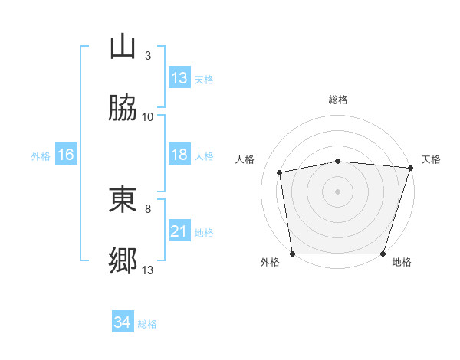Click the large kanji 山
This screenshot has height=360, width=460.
click(123, 46)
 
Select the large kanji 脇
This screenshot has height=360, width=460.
click(123, 107)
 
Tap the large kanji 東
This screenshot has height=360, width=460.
click(123, 199)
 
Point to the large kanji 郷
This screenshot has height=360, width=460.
click(123, 260)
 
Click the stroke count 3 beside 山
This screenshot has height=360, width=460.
click(148, 56)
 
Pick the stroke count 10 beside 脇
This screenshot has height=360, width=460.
click(147, 117)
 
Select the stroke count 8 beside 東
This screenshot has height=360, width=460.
click(148, 209)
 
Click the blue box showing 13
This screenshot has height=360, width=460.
click(179, 77)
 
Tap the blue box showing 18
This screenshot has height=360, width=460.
click(179, 154)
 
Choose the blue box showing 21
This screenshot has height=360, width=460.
click(179, 230)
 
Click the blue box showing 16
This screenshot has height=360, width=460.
click(66, 154)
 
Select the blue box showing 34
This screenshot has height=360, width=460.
click(123, 321)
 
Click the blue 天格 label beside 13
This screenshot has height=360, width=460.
click(204, 80)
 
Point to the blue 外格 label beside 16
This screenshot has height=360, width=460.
click(41, 156)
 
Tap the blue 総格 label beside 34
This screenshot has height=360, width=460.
click(147, 324)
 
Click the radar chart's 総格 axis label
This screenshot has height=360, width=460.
click(338, 100)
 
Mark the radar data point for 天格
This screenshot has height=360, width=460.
click(411, 168)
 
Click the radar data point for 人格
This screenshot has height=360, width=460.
click(280, 172)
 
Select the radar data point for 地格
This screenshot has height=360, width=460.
click(383, 254)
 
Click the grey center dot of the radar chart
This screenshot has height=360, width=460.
click(337, 191)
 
